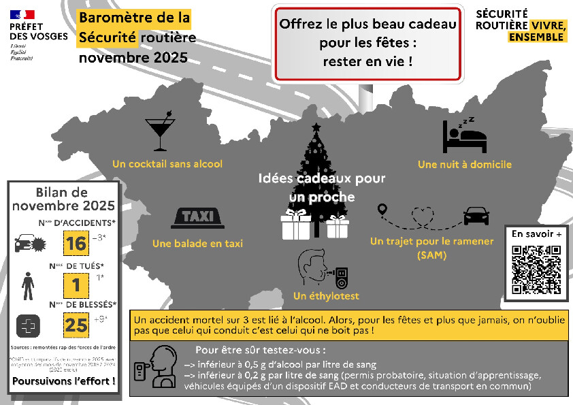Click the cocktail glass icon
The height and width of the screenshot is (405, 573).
[x=160, y=133]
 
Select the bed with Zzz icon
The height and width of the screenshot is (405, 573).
[x=464, y=135]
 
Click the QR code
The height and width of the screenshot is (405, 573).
[x=536, y=269]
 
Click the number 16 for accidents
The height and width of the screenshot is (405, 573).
[x=76, y=243]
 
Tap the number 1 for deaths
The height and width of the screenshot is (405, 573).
[x=76, y=285]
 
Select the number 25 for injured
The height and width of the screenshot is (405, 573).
[x=76, y=325]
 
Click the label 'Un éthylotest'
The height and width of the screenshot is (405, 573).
[x=326, y=296]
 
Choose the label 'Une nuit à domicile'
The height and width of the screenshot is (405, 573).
[x=464, y=164]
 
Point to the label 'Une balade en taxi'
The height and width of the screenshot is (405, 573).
[x=197, y=243]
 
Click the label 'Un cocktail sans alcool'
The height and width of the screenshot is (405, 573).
[x=167, y=164]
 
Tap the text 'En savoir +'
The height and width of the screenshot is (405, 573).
[x=537, y=234]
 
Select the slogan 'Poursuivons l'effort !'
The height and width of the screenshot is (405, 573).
[x=63, y=380]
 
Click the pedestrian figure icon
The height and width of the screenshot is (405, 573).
[x=27, y=285]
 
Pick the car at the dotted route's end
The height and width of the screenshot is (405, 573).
[x=476, y=216]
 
